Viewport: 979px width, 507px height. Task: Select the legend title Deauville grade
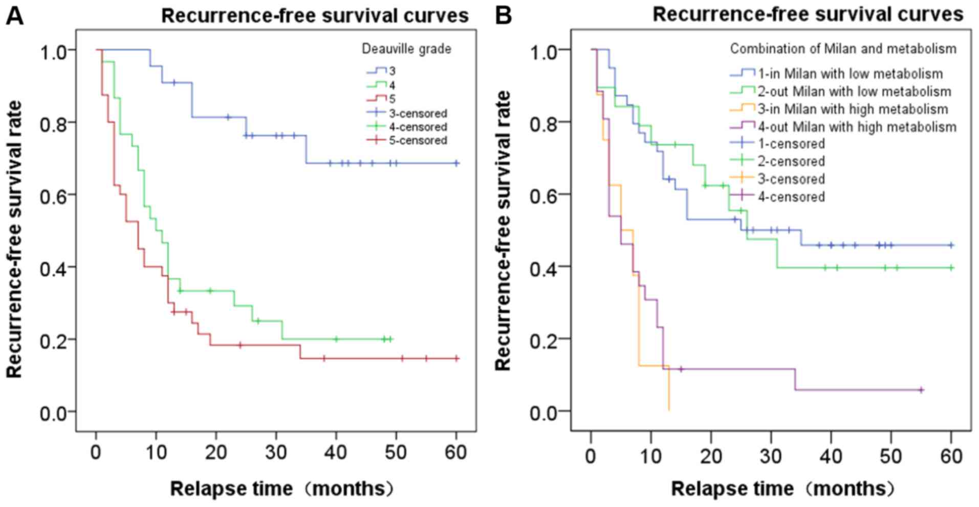click(406, 49)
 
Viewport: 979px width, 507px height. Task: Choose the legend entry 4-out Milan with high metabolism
click(857, 126)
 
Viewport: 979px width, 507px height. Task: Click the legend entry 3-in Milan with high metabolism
click(853, 109)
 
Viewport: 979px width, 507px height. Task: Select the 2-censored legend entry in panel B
click(791, 162)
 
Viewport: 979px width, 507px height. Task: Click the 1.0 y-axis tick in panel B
click(549, 50)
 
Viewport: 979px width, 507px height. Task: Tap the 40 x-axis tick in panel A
click(336, 452)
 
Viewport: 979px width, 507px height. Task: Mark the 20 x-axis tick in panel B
click(711, 455)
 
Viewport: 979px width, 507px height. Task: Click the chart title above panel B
click(808, 14)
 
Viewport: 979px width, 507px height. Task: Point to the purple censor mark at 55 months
click(921, 390)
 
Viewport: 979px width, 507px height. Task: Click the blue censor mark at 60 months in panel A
click(456, 163)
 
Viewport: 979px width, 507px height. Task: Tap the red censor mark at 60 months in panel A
click(456, 359)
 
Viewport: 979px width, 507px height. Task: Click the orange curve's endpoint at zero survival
click(669, 409)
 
